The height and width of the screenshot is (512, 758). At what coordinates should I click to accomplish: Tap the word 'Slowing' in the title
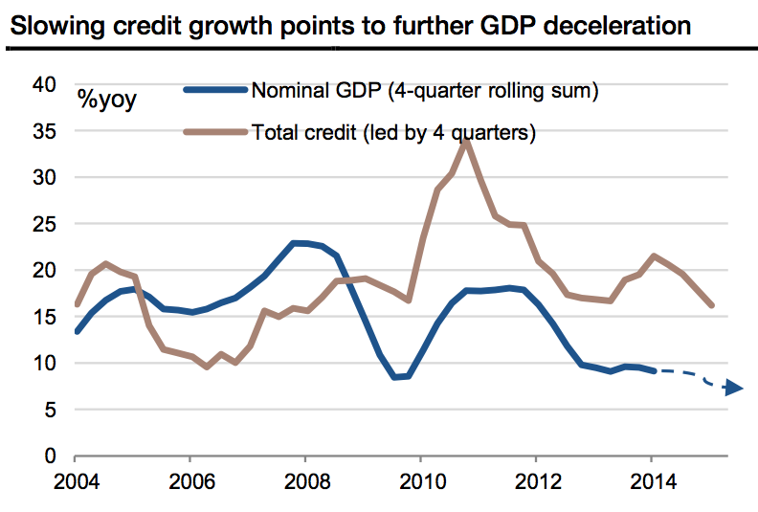click(x=49, y=26)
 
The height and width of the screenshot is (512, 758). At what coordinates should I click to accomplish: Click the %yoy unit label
click(x=107, y=100)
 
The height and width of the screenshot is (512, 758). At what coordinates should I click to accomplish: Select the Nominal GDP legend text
click(x=424, y=92)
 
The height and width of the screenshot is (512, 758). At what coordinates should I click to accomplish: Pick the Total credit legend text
click(x=392, y=132)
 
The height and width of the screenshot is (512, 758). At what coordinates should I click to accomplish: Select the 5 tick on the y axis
click(x=50, y=410)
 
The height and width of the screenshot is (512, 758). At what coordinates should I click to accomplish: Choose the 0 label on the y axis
click(x=50, y=456)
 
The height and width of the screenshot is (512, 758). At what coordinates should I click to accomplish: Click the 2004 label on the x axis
click(x=77, y=480)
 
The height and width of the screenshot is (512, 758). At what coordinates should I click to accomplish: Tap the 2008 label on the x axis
click(x=305, y=480)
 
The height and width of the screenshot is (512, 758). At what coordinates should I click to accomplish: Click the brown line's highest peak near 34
click(x=465, y=139)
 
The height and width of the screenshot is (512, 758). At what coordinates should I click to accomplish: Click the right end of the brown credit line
click(x=712, y=305)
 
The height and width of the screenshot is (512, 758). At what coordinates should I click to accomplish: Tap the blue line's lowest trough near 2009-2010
click(x=395, y=377)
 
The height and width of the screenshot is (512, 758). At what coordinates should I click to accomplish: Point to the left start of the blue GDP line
click(x=78, y=331)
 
